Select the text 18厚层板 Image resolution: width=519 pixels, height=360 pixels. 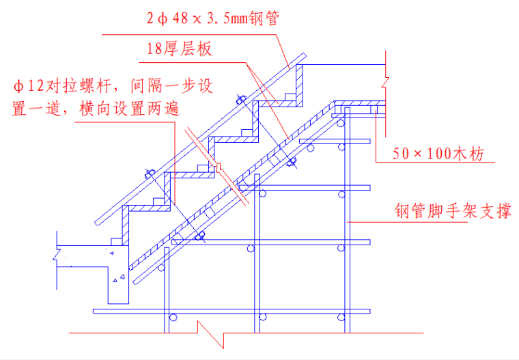pyautogui.click(x=180, y=49)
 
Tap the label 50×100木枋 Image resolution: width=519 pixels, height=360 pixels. pyautogui.click(x=438, y=154)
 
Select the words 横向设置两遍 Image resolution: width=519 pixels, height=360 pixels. pyautogui.click(x=132, y=109)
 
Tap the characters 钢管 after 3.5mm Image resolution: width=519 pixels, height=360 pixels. pyautogui.click(x=267, y=16)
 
